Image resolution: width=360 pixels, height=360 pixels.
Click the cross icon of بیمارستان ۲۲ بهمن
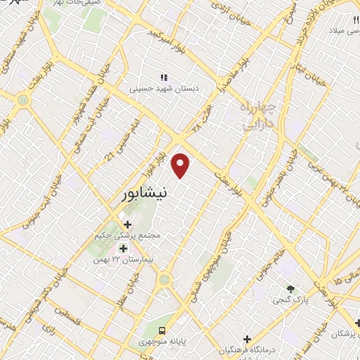coord(123,248)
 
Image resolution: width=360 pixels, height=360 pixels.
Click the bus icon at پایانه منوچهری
coord(162,330)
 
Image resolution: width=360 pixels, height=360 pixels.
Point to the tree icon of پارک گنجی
coord(291,288)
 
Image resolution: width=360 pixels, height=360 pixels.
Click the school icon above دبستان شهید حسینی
coord(164,77)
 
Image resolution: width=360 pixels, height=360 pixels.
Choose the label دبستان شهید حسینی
coord(156,89)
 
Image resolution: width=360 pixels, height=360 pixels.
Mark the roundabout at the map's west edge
coord(23,102)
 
